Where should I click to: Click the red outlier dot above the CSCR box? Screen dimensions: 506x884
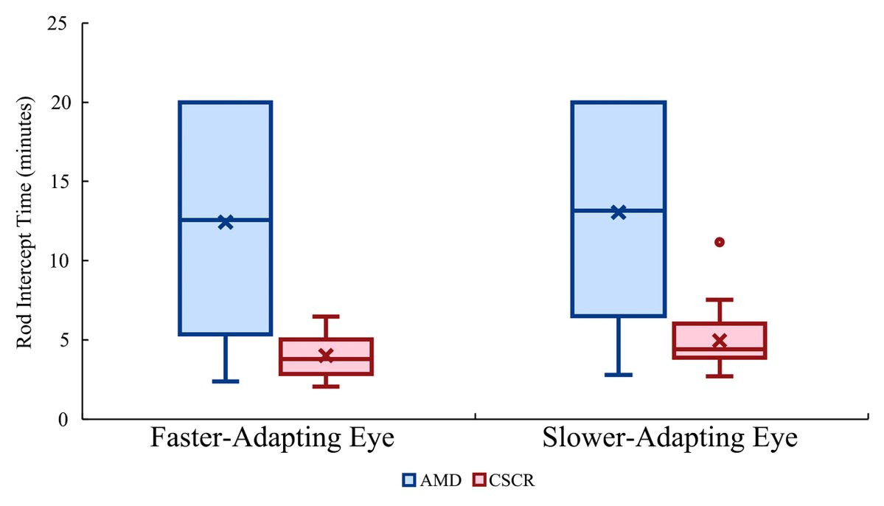[720, 242]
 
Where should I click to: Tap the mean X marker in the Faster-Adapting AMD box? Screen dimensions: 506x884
[226, 222]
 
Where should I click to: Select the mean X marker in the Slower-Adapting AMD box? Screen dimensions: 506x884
[619, 212]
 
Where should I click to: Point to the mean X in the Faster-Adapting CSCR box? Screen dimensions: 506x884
[325, 356]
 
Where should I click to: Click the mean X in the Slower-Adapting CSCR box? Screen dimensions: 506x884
[720, 341]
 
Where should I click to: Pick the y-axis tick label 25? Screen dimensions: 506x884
[58, 24]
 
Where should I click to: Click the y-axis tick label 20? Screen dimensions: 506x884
[58, 103]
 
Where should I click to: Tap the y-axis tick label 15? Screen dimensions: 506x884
[58, 181]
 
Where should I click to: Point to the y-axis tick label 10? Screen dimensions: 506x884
[58, 261]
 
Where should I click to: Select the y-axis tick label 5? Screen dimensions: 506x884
[63, 340]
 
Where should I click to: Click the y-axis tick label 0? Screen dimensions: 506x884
[63, 419]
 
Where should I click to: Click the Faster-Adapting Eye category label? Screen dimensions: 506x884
[272, 439]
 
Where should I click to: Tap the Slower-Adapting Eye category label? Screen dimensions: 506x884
[670, 439]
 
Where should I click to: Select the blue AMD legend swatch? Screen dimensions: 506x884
[409, 481]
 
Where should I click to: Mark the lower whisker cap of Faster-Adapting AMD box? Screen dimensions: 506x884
[226, 381]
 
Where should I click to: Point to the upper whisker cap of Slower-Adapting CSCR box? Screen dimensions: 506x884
[720, 299]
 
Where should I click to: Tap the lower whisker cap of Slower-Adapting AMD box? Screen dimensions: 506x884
[619, 375]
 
